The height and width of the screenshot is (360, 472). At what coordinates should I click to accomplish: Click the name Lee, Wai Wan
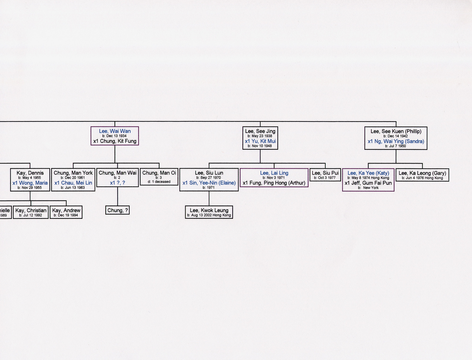[114, 131]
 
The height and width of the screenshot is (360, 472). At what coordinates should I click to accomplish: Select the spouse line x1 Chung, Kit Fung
[114, 141]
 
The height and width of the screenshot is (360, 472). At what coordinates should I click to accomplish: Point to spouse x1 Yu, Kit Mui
[260, 141]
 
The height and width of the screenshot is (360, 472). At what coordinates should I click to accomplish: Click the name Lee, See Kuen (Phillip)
[396, 131]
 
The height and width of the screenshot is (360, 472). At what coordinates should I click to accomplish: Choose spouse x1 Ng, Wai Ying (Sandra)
[396, 141]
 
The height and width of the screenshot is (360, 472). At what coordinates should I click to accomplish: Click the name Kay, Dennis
[30, 173]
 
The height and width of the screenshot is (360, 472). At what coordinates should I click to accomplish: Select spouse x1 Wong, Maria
[30, 183]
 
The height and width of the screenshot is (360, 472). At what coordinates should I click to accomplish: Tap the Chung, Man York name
[73, 173]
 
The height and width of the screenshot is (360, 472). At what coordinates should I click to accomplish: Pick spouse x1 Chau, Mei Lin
[73, 183]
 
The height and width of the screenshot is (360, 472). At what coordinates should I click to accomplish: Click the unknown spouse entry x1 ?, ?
[117, 183]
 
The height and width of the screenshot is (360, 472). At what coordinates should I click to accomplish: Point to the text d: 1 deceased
[159, 181]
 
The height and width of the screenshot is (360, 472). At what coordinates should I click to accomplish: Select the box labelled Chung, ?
[117, 210]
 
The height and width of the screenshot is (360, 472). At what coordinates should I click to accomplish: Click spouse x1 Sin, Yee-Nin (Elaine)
[209, 183]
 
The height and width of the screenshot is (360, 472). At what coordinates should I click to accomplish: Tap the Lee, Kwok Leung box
[209, 212]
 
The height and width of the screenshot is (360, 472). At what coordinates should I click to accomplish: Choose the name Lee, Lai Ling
[274, 173]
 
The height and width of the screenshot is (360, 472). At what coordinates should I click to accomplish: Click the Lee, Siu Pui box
[325, 175]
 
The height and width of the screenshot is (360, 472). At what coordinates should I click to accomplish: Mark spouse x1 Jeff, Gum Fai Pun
[368, 183]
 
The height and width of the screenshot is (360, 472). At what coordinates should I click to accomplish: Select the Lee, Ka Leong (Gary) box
[422, 175]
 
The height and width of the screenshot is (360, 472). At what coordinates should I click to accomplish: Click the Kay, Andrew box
[66, 212]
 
